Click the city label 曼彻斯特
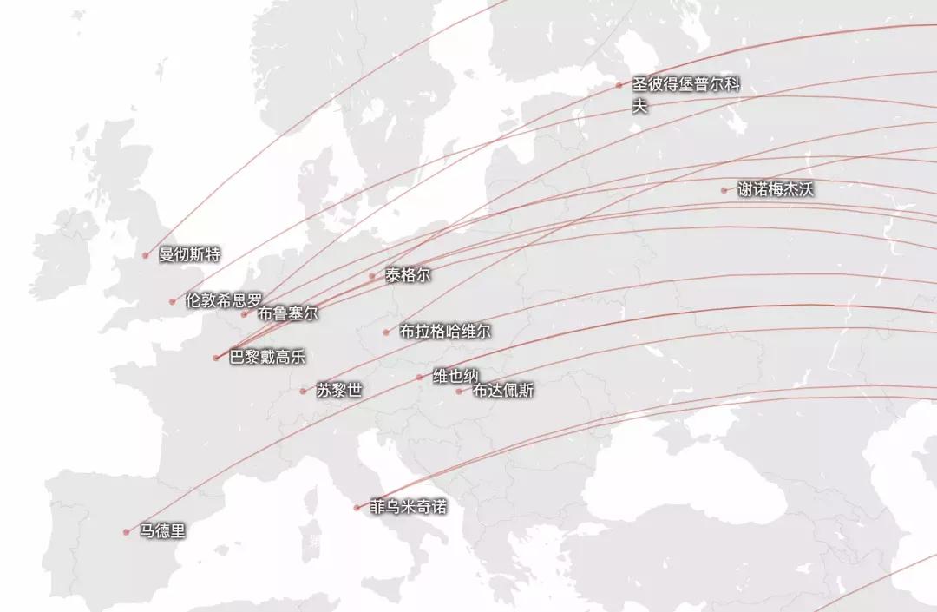189,254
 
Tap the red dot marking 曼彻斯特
146,255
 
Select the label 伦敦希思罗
223,300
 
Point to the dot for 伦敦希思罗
173,302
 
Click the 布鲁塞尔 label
288,313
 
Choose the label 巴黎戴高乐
267,356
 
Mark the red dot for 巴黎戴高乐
216,358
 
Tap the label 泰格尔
408,275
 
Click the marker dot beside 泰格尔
372,276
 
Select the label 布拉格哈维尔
445,331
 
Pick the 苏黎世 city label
339,390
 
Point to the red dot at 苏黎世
303,391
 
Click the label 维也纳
455,376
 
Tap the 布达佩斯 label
503,390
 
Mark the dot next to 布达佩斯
459,391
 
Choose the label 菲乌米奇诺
408,506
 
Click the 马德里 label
162,530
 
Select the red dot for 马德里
126,531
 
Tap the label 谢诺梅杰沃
776,189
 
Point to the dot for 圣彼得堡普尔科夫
619,85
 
